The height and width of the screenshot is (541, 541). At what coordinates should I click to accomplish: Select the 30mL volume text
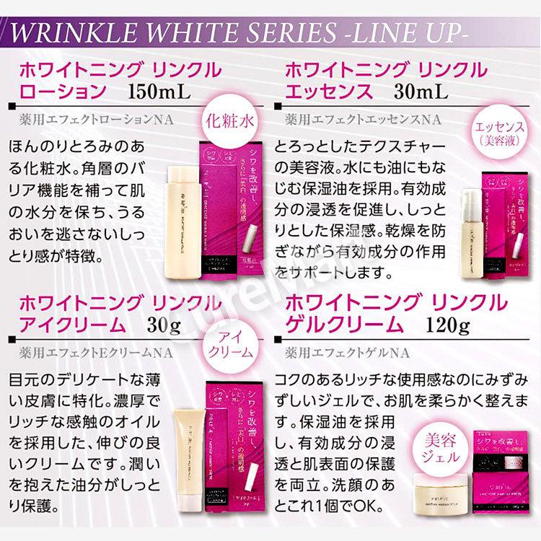(421, 92)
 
